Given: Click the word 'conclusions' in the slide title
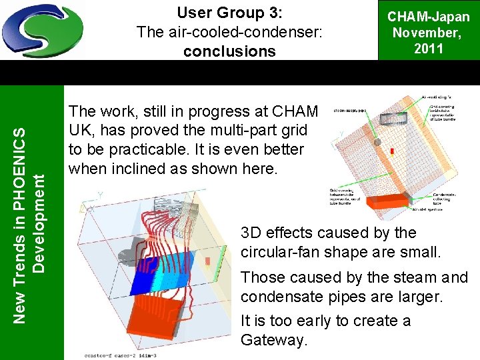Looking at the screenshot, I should click(229, 51).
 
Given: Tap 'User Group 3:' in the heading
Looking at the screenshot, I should click(229, 13).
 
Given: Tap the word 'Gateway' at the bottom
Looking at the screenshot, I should click(273, 340).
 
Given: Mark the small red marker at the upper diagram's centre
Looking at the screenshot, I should click(392, 152).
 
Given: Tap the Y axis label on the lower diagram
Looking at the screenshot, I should click(100, 195).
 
